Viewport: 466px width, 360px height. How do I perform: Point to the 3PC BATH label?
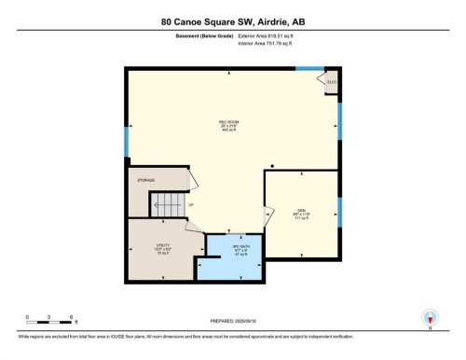(x=240, y=251)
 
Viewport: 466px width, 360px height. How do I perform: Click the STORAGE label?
(x=144, y=180)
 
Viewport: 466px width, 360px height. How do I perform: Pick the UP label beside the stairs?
(x=191, y=204)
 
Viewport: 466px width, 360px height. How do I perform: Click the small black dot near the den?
(x=271, y=166)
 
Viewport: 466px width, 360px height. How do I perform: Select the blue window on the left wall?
(x=126, y=141)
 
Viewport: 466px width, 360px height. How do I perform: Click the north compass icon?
(x=430, y=318)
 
